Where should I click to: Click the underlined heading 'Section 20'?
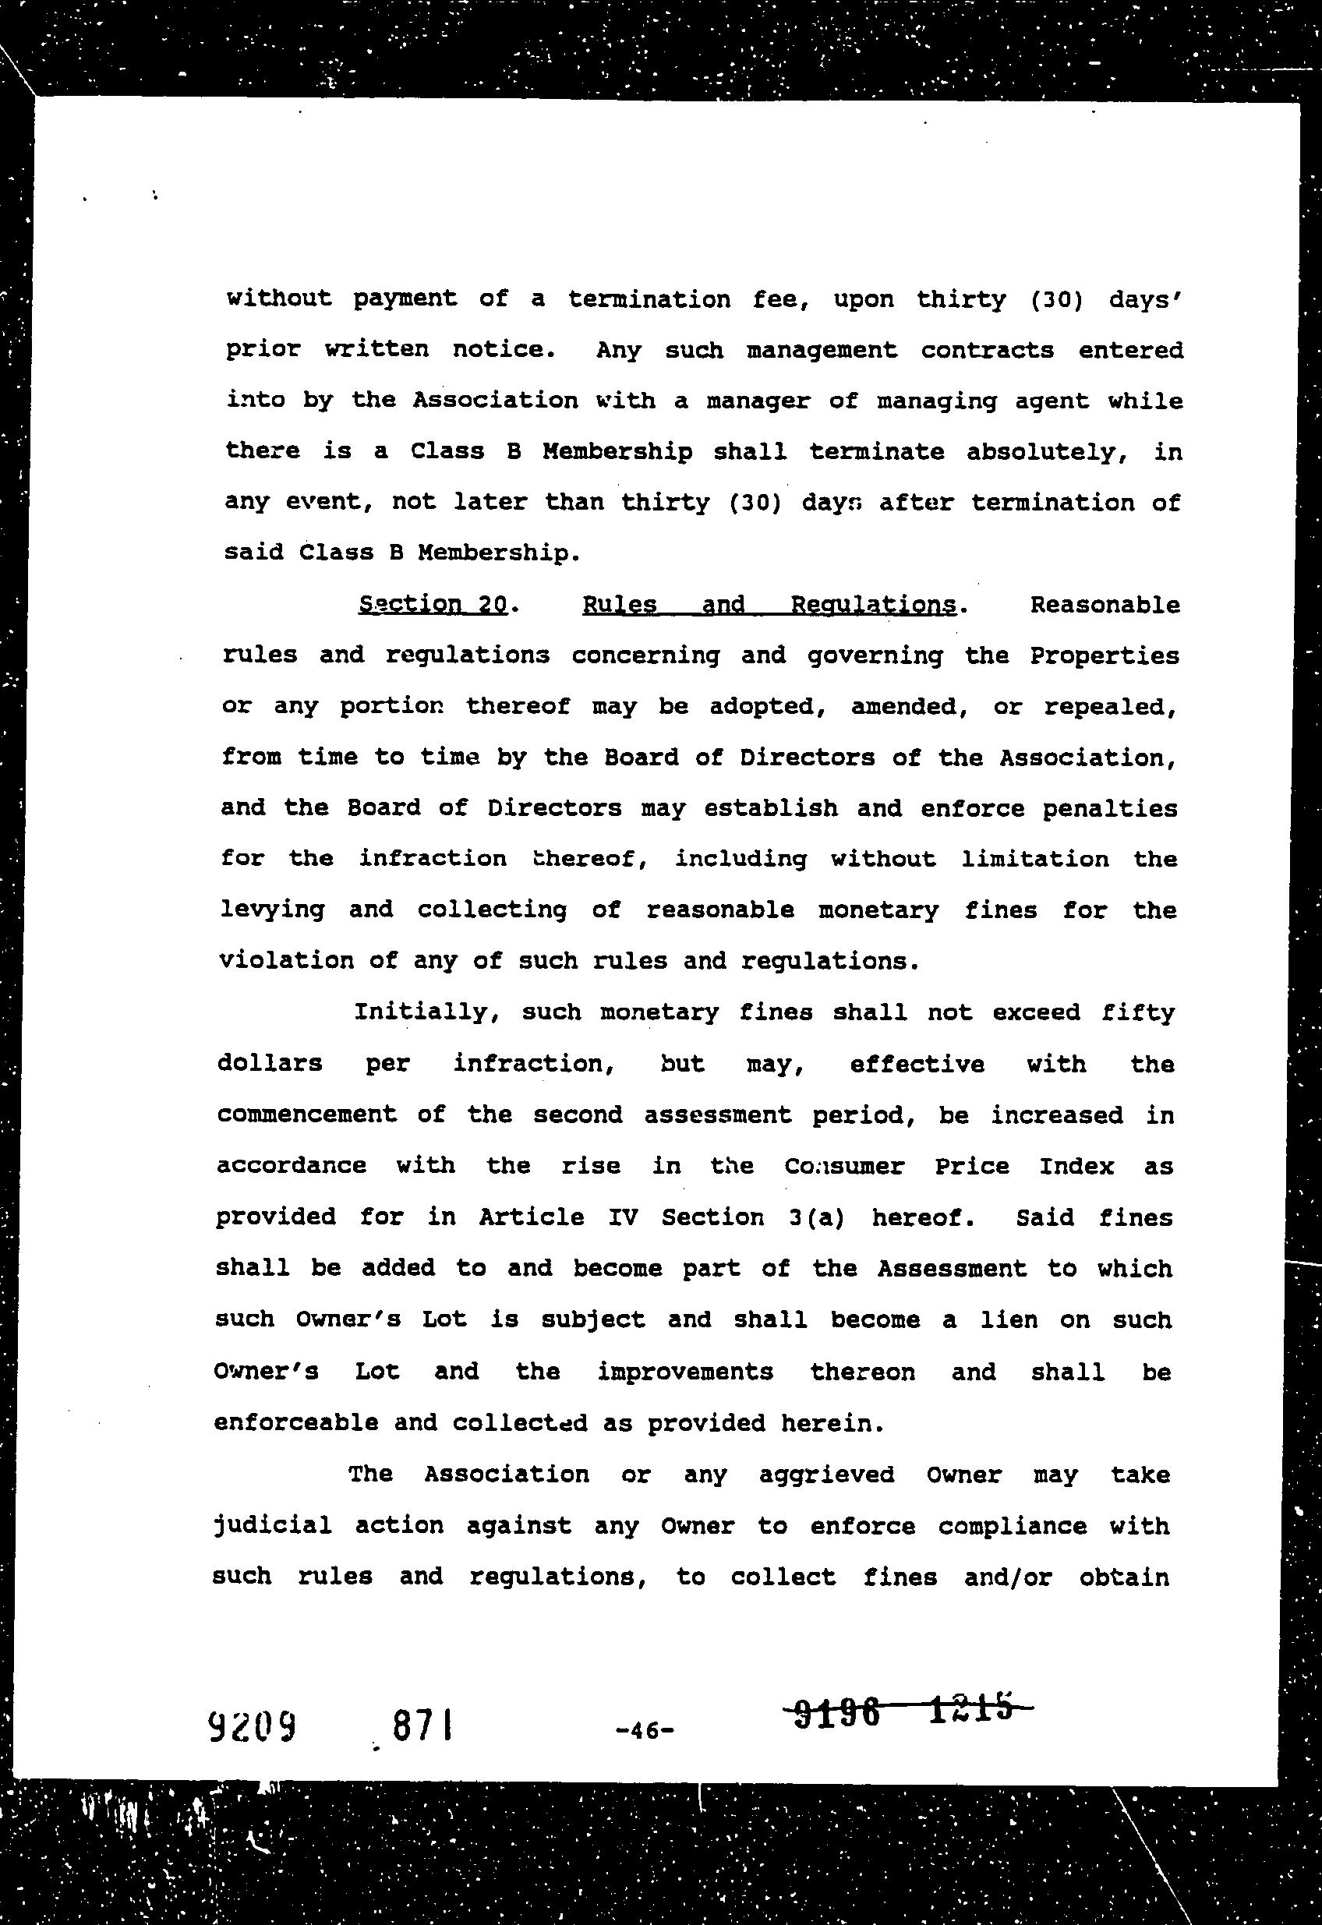pos(433,604)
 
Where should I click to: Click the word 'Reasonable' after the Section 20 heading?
pos(1105,605)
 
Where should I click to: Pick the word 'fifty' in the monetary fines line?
pos(1138,1012)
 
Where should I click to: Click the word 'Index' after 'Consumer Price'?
pos(1076,1166)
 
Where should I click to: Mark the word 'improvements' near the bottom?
pos(685,1372)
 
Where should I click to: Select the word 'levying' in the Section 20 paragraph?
pos(272,910)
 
